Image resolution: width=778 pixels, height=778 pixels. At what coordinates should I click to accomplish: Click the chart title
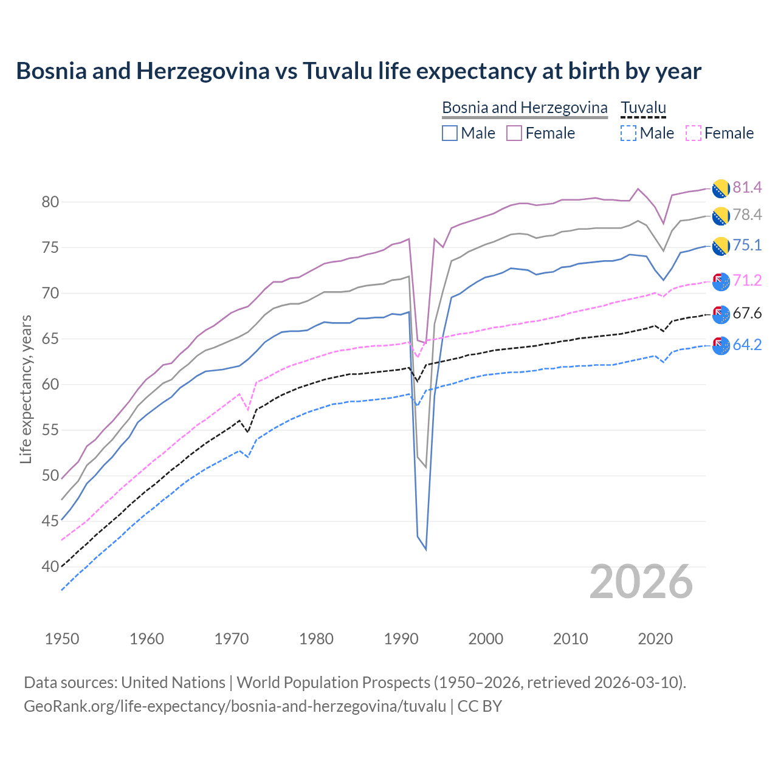(359, 71)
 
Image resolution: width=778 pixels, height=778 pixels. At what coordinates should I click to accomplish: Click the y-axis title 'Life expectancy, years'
(26, 389)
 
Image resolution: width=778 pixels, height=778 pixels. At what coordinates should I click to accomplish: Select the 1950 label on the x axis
(62, 639)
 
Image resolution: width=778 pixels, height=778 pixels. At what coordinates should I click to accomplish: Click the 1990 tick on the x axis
(401, 639)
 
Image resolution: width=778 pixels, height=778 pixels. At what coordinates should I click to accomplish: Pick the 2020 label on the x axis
(655, 639)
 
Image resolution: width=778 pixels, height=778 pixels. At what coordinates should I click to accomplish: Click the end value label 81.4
(747, 187)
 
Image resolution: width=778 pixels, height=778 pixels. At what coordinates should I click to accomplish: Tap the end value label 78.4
(747, 215)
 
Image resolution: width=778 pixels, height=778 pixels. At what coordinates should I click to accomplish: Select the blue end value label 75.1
(747, 245)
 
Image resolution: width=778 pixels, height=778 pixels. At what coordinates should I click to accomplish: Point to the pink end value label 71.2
(747, 280)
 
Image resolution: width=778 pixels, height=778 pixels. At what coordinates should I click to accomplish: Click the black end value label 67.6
(747, 314)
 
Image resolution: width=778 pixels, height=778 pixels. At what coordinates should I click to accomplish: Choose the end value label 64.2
(747, 345)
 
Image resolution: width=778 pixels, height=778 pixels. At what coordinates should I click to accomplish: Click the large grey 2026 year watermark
(641, 582)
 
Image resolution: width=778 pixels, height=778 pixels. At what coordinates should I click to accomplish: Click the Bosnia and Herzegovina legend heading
(525, 108)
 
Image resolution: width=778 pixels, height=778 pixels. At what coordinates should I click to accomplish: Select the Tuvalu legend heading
(644, 108)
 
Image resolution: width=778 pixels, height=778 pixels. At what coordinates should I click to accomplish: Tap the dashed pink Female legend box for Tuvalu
(694, 133)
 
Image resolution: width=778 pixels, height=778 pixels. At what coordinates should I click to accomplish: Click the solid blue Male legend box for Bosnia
(450, 133)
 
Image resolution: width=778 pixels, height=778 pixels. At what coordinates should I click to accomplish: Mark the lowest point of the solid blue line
(426, 549)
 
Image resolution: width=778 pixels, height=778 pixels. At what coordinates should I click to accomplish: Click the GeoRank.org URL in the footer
(235, 706)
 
